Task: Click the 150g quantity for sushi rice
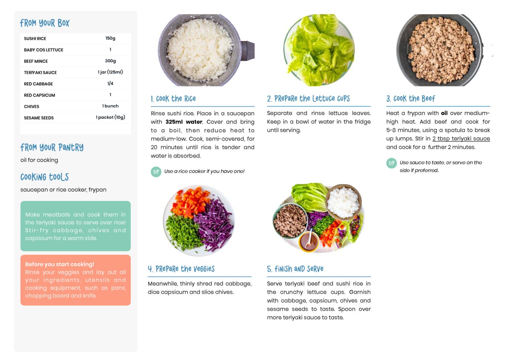pyautogui.click(x=110, y=38)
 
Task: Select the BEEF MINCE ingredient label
pyautogui.click(x=36, y=61)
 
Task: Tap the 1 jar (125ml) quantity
pyautogui.click(x=110, y=72)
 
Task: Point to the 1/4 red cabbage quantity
pyautogui.click(x=110, y=83)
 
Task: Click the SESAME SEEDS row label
pyautogui.click(x=39, y=118)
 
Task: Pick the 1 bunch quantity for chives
pyautogui.click(x=110, y=106)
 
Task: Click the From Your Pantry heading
pyautogui.click(x=52, y=147)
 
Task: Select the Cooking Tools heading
pyautogui.click(x=45, y=177)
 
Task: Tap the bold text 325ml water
pyautogui.click(x=184, y=122)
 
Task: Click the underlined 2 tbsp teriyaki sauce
pyautogui.click(x=461, y=139)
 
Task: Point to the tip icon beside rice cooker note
pyautogui.click(x=156, y=172)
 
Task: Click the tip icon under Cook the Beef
pyautogui.click(x=391, y=163)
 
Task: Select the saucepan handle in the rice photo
pyautogui.click(x=248, y=51)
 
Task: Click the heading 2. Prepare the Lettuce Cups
pyautogui.click(x=308, y=99)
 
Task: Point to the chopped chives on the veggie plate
pyautogui.click(x=183, y=231)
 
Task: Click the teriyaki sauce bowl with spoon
pyautogui.click(x=308, y=242)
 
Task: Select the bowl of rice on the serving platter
pyautogui.click(x=344, y=202)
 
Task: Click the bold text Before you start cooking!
pyautogui.click(x=60, y=264)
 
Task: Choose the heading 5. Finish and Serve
pyautogui.click(x=295, y=269)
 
